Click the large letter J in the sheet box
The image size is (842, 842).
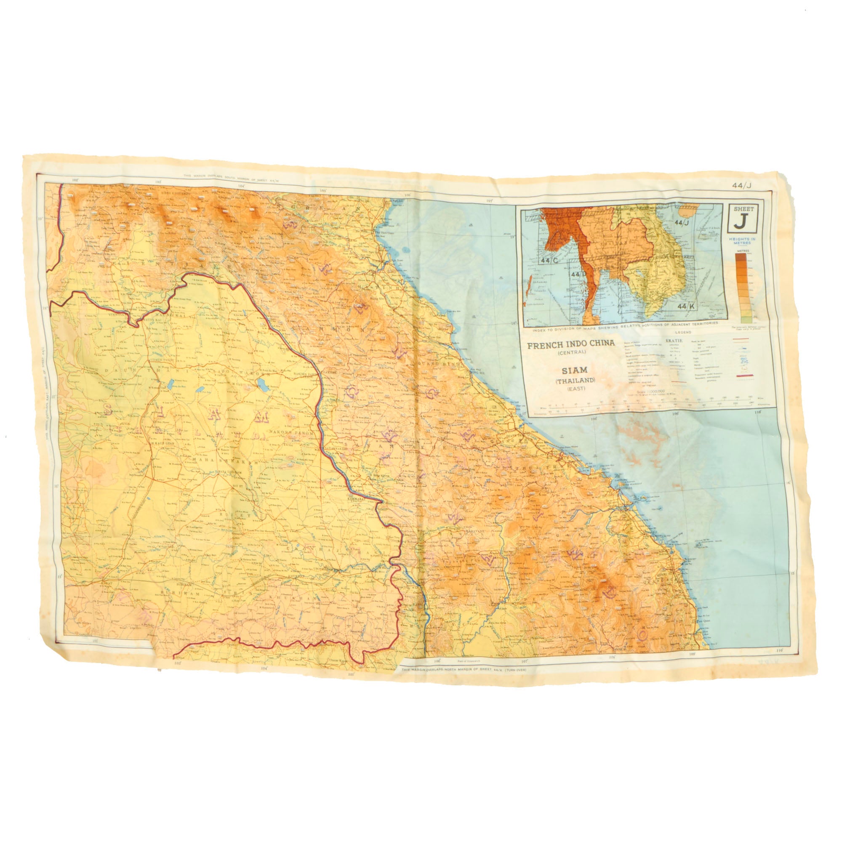[x=740, y=222]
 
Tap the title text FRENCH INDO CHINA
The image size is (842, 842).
[x=571, y=344]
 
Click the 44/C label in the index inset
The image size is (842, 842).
[x=549, y=261]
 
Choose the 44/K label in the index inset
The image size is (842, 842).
[x=686, y=307]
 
